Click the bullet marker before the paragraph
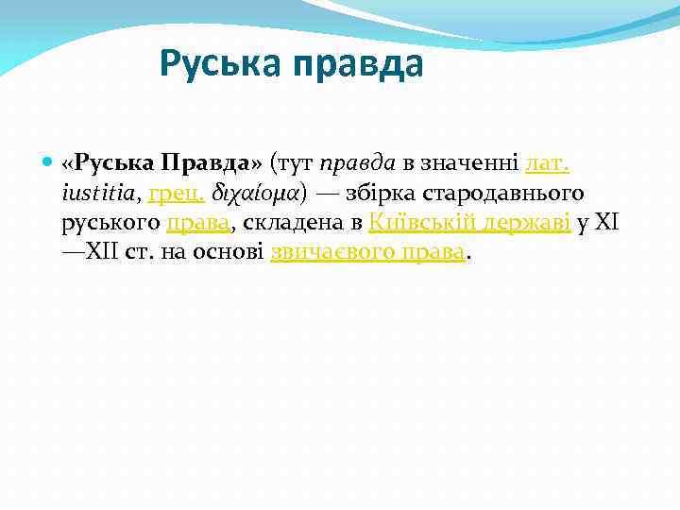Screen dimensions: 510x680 tap(48, 163)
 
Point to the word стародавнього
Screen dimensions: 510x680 tap(505, 193)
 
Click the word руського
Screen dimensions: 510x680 tap(110, 223)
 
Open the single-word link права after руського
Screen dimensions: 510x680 tap(198, 223)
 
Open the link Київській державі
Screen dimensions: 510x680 tap(469, 223)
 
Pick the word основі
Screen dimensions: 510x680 tap(232, 252)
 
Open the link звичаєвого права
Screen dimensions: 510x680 tap(368, 252)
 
